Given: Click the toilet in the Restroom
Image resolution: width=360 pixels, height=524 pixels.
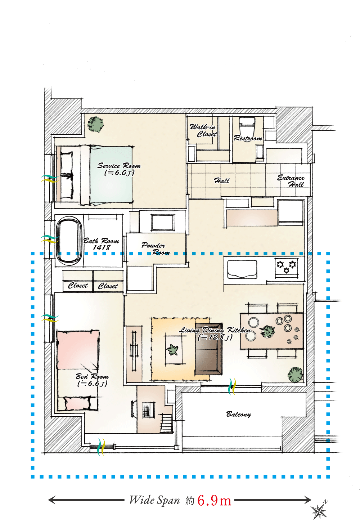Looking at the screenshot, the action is (247, 125).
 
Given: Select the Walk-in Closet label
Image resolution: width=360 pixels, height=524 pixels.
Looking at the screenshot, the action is (203, 130).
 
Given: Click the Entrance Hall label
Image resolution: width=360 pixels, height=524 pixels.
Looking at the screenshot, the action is (291, 181).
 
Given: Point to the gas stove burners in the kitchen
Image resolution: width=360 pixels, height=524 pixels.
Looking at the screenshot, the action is (286, 267).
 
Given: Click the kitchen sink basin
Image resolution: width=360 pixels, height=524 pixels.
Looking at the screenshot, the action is (242, 269).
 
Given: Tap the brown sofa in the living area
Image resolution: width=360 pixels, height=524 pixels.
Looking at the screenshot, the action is (208, 349).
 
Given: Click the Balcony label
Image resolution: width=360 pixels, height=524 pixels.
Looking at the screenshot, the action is (238, 414).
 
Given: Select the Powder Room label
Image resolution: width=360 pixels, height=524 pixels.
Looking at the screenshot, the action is (156, 248).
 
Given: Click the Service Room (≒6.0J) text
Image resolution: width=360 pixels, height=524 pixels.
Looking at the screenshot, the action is (119, 169).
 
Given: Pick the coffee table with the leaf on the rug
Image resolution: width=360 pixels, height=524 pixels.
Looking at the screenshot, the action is (173, 349).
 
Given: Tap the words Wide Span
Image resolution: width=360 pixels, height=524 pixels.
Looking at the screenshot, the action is (154, 500).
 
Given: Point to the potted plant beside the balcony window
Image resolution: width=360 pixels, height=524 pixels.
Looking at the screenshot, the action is (295, 375).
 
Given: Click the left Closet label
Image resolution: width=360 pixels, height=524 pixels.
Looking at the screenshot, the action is (78, 285).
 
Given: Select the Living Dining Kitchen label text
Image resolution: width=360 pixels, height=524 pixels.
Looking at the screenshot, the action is (215, 330).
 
